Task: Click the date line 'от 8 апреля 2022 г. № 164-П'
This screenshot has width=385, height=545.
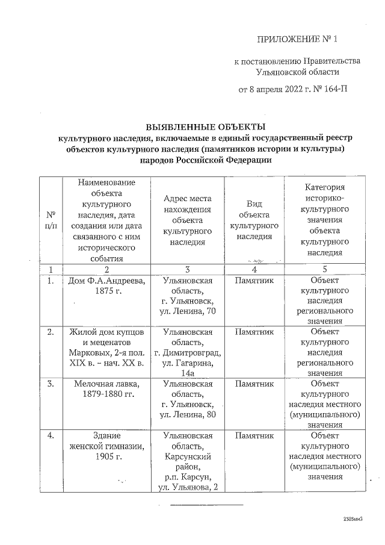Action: pyautogui.click(x=293, y=91)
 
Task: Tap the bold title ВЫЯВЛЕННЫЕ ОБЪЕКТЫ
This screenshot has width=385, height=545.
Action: pyautogui.click(x=206, y=126)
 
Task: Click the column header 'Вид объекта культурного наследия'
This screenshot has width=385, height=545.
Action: pyautogui.click(x=254, y=220)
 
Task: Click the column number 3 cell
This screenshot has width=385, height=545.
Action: pyautogui.click(x=188, y=269)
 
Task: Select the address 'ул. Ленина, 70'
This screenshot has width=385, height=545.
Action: pyautogui.click(x=188, y=310)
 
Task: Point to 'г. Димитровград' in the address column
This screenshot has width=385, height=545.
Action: pyautogui.click(x=188, y=352)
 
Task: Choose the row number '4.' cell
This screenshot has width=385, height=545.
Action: pyautogui.click(x=52, y=435)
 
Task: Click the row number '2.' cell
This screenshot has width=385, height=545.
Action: pyautogui.click(x=52, y=332)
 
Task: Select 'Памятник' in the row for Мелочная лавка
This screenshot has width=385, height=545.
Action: pyautogui.click(x=254, y=384)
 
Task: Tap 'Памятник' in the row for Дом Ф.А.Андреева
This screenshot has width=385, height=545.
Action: pyautogui.click(x=254, y=281)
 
